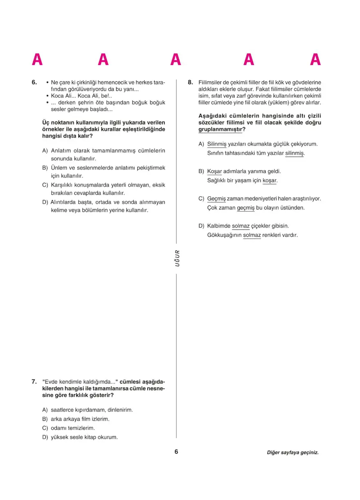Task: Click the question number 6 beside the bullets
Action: pyautogui.click(x=34, y=82)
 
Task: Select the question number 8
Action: pyautogui.click(x=190, y=82)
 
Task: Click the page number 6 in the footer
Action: pyautogui.click(x=176, y=452)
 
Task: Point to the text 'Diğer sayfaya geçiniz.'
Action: pyautogui.click(x=292, y=453)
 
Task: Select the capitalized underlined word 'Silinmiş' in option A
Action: pyautogui.click(x=217, y=144)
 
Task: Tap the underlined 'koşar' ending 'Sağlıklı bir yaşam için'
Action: pyautogui.click(x=270, y=180)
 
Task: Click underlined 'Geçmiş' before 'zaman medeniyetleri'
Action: pyautogui.click(x=216, y=199)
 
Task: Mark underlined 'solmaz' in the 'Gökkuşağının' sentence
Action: pyautogui.click(x=252, y=235)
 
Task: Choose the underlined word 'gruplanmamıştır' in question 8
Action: pyautogui.click(x=220, y=130)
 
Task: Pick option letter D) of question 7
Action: pyautogui.click(x=45, y=437)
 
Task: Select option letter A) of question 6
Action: pyautogui.click(x=45, y=150)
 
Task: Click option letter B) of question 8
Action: pyautogui.click(x=201, y=171)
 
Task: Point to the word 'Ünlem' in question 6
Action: pyautogui.click(x=59, y=168)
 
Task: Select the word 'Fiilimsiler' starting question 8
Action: pyautogui.click(x=211, y=82)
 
